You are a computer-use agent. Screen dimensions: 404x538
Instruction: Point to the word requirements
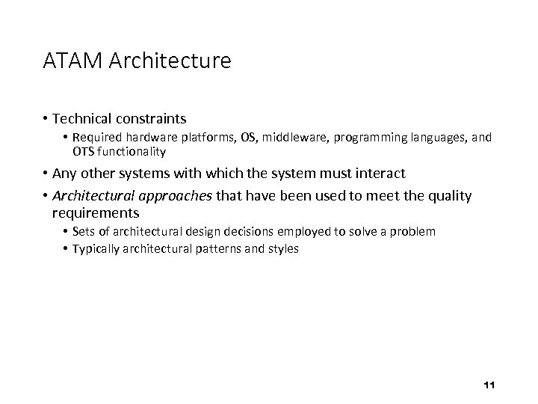click(x=96, y=213)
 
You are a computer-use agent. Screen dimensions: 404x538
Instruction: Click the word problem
click(x=412, y=231)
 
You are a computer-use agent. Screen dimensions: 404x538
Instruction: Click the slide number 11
click(x=489, y=385)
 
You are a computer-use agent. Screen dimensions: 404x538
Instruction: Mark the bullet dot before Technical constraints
click(x=46, y=118)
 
